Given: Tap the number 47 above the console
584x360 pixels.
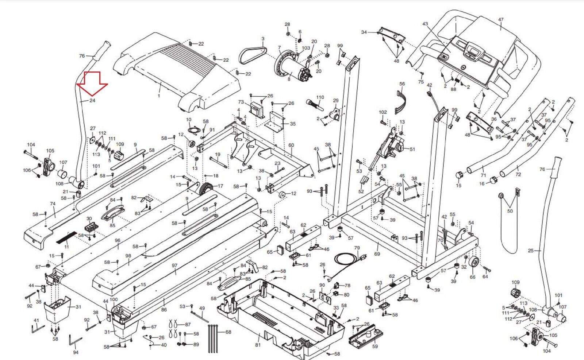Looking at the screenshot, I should (x=501, y=20).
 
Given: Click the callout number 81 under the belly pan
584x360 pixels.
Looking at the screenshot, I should (x=258, y=345).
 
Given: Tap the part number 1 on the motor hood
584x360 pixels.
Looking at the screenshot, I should (x=159, y=96).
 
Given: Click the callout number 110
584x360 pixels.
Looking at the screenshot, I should (x=320, y=97).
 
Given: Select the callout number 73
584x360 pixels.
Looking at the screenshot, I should (x=241, y=102).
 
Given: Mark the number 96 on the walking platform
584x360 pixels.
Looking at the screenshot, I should (x=118, y=241).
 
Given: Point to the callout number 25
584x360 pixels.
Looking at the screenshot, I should (x=531, y=251).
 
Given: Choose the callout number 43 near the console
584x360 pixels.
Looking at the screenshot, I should (x=425, y=24).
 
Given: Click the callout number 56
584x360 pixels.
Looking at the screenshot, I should (x=402, y=84).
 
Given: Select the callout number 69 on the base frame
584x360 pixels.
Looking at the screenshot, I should (x=377, y=254).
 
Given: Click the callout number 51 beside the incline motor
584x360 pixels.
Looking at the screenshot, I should (x=412, y=149).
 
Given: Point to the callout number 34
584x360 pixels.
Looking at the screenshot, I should (x=364, y=32).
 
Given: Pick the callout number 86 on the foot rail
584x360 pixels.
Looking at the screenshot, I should (x=164, y=310).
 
